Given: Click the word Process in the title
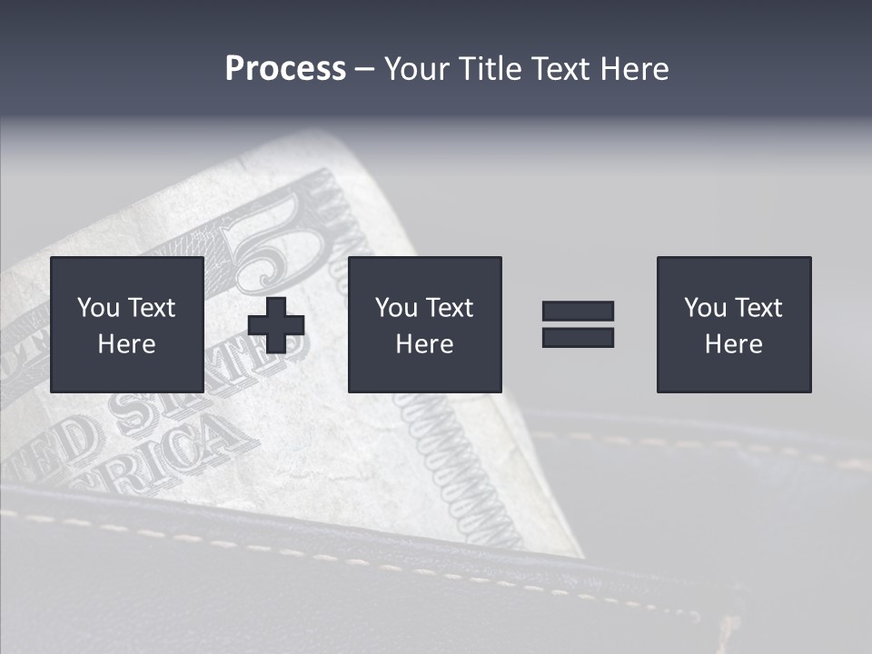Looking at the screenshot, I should [285, 69].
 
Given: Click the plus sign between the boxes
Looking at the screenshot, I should [276, 324].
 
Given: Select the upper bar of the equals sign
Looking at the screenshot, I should [578, 311].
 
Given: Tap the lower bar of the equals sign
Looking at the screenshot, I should [578, 337].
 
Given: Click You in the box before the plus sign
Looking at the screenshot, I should [98, 308].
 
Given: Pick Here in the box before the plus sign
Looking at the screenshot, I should [126, 344].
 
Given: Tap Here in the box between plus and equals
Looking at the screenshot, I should [424, 344].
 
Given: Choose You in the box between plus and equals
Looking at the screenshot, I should [396, 308].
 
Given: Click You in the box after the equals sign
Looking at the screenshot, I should [705, 308].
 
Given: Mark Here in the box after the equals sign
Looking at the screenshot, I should [733, 344].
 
